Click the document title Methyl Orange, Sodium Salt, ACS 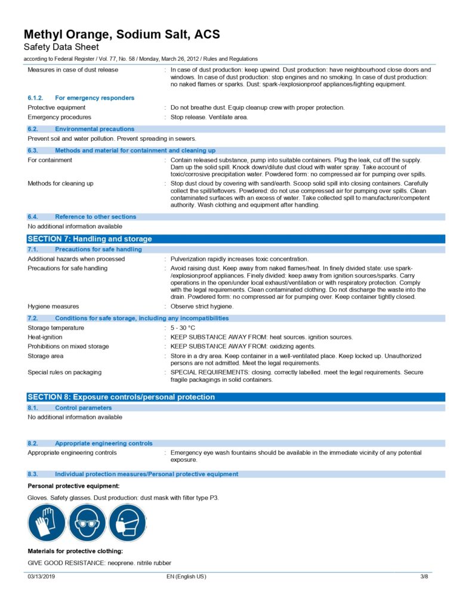122,34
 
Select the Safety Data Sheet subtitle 61,47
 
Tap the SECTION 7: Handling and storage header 90,239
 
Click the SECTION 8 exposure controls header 121,397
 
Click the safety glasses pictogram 87,522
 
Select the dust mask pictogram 128,522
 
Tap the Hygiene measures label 53,306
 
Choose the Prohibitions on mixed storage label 68,346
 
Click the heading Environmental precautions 94,129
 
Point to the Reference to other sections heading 95,217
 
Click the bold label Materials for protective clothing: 75,551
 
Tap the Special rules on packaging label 64,372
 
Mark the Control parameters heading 83,408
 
